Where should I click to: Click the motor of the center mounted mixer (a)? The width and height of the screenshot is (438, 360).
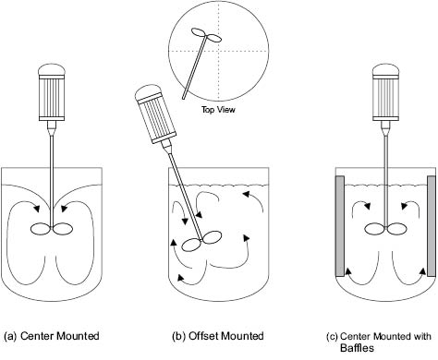click(x=52, y=92)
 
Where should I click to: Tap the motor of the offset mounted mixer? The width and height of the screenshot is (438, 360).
click(x=154, y=114)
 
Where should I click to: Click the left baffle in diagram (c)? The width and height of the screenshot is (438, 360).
click(x=340, y=226)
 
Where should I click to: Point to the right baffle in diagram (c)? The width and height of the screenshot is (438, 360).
click(x=432, y=226)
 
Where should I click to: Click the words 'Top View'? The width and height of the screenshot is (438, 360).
click(x=218, y=109)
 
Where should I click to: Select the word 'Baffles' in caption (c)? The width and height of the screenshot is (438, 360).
click(x=357, y=348)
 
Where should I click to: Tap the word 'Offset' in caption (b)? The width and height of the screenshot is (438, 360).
click(x=203, y=336)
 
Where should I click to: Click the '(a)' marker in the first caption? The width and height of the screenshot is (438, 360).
click(x=10, y=336)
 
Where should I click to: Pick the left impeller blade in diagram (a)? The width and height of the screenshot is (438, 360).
click(x=41, y=229)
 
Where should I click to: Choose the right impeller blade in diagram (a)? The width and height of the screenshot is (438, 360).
click(x=63, y=229)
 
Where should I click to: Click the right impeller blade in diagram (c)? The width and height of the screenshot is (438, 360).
click(x=397, y=229)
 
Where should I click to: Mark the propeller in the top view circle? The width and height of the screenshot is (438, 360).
click(x=207, y=35)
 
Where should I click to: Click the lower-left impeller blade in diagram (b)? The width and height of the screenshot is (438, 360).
click(x=191, y=246)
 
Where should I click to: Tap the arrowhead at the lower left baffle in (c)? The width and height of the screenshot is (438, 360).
click(x=347, y=271)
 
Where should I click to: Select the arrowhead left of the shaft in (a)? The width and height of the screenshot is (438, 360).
click(x=37, y=209)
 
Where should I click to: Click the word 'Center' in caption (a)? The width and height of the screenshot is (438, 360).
click(x=38, y=336)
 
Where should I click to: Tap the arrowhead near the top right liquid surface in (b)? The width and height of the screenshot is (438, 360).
click(x=246, y=194)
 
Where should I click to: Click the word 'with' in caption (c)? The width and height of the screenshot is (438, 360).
click(x=422, y=336)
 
